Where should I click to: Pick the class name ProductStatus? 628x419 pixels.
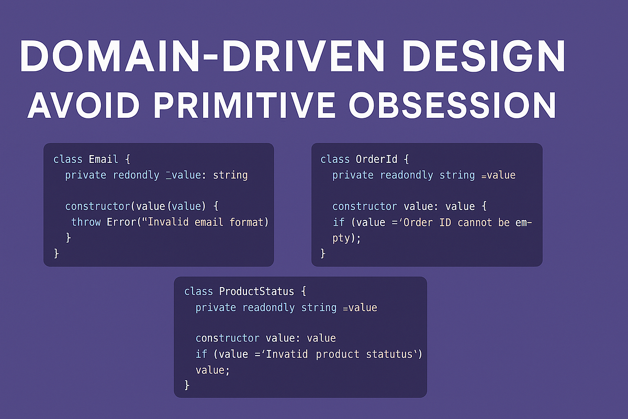coord(256,291)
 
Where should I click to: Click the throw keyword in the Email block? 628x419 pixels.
coord(86,222)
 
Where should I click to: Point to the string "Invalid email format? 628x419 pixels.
coord(205,222)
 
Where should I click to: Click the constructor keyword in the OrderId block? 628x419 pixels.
coord(361,206)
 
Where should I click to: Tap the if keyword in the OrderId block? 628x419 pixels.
coord(339,222)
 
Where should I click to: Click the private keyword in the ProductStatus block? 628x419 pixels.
coord(216,307)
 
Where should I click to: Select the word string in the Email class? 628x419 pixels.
coord(230,175)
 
